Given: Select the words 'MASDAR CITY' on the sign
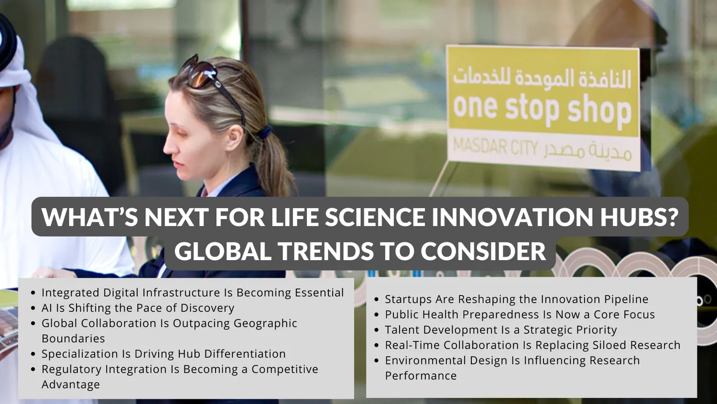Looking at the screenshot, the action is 495,148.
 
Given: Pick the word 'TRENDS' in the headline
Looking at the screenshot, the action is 326,251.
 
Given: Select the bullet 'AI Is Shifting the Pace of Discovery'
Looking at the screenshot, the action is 138,308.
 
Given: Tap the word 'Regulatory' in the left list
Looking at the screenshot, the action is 71,370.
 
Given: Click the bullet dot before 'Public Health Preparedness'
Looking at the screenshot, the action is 377,315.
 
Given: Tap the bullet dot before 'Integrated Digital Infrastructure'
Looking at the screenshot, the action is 33,293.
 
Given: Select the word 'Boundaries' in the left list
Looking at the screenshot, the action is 73,338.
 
